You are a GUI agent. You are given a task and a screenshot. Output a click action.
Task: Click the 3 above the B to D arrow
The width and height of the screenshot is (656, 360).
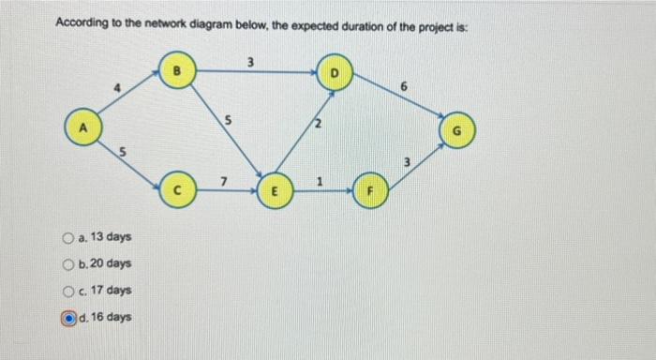pyautogui.click(x=250, y=62)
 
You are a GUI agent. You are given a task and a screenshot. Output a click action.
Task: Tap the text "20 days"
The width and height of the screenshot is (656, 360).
pyautogui.click(x=112, y=263)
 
